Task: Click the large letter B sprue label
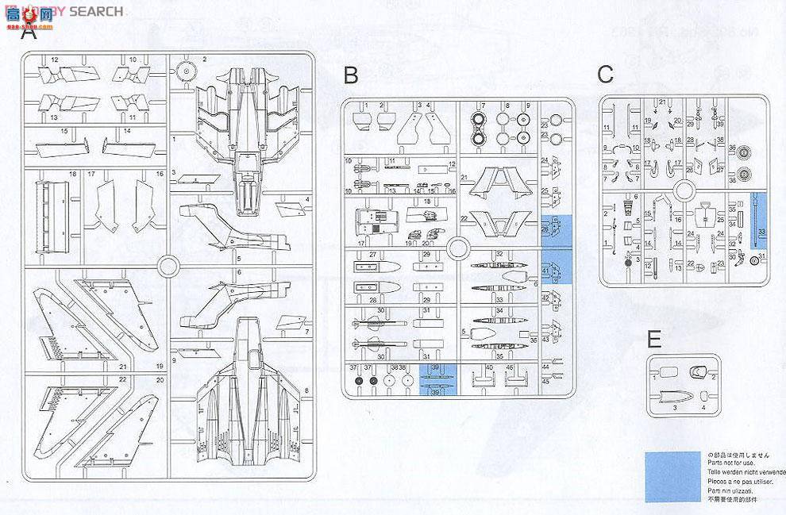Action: [350, 75]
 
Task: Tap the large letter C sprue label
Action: [605, 75]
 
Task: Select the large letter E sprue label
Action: [654, 340]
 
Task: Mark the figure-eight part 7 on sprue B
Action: [480, 129]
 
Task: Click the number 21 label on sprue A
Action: [122, 367]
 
